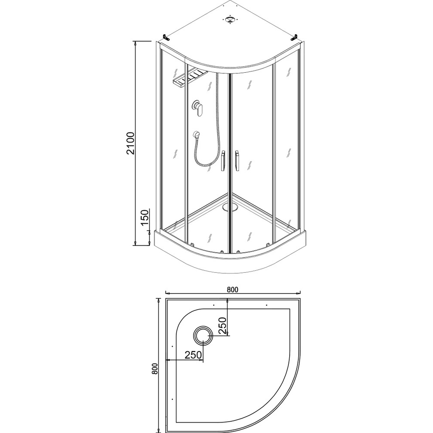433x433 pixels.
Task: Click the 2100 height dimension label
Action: point(130,143)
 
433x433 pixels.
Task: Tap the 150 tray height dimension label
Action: point(145,217)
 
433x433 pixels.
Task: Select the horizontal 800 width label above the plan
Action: point(233,289)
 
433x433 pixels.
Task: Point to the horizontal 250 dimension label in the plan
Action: point(193,355)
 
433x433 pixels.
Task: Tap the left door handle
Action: point(223,161)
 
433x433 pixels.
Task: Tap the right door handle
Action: point(237,161)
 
